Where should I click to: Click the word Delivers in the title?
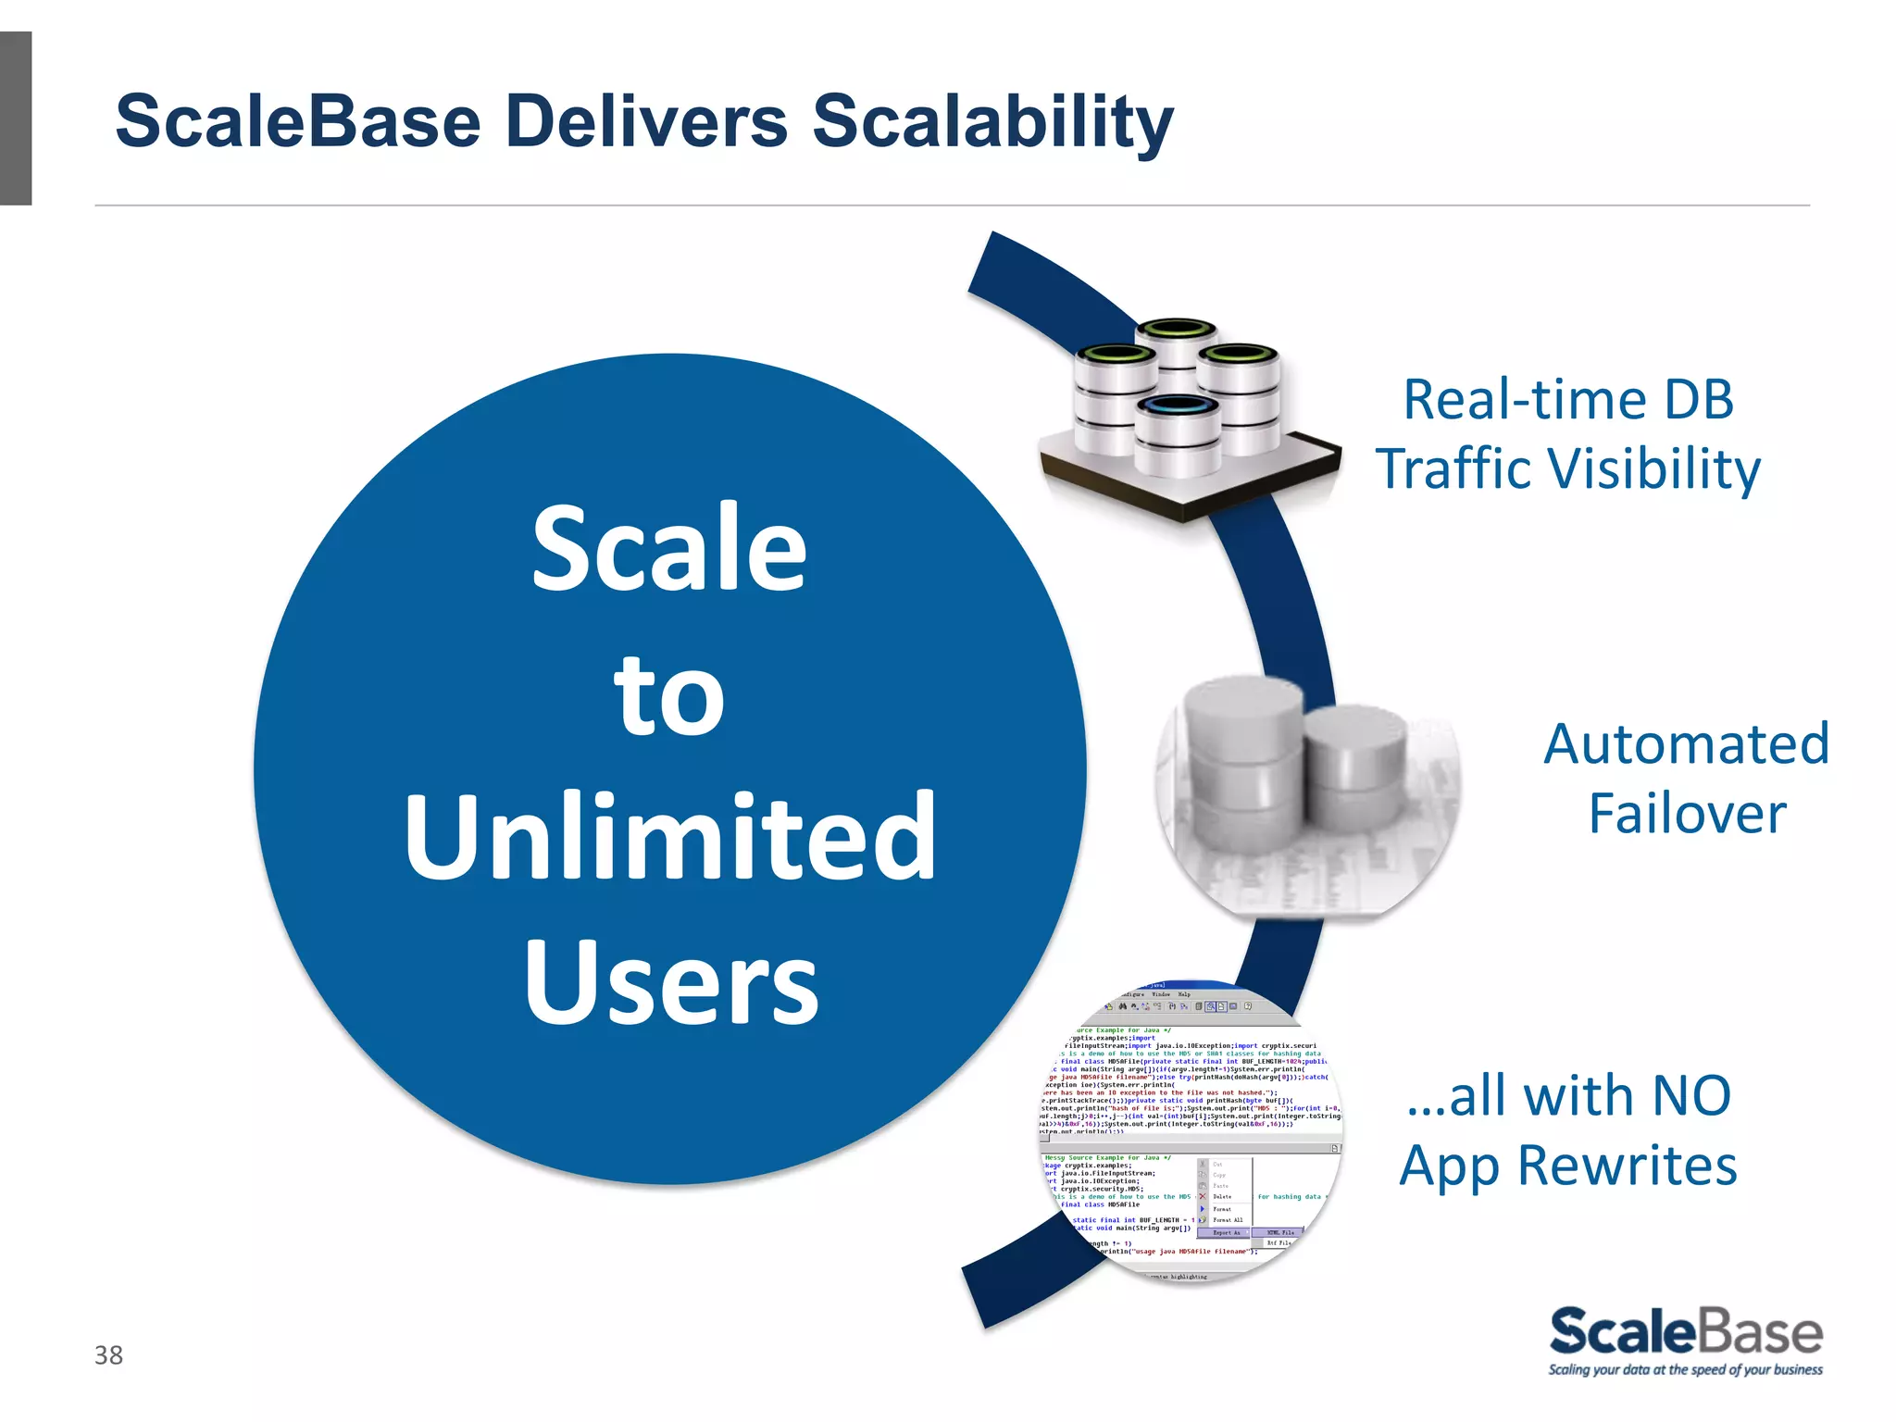point(646,121)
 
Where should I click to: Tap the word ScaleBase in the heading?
point(298,121)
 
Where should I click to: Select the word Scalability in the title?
point(992,123)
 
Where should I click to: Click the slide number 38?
point(108,1355)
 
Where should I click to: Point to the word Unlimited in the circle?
point(670,837)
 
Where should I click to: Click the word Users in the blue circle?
point(671,983)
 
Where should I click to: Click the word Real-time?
point(1524,400)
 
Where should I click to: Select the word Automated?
point(1686,744)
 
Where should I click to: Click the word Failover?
point(1687,814)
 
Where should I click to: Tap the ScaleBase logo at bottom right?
point(1685,1332)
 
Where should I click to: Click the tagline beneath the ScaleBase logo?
point(1685,1370)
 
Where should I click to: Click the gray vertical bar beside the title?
point(16,118)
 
